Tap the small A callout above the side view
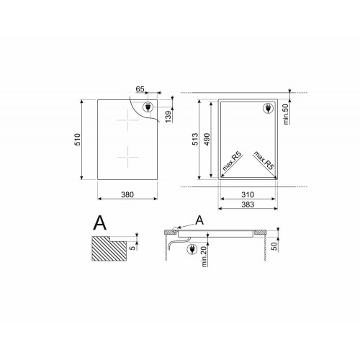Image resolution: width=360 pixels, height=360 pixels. pos(199,220)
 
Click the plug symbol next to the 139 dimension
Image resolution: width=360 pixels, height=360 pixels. pos(150,108)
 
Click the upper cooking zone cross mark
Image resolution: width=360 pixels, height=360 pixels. pos(128,123)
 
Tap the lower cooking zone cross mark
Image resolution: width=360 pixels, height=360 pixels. pos(128,154)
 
